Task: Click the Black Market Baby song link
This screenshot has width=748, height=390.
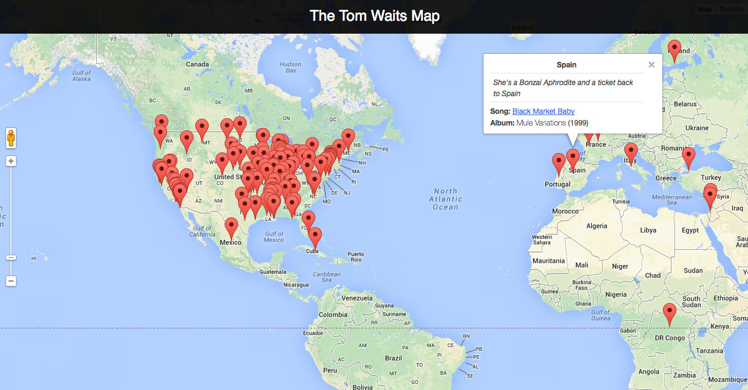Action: [x=543, y=111]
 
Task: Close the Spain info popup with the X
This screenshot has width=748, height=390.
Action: [x=651, y=64]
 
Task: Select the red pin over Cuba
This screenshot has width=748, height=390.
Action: [x=315, y=237]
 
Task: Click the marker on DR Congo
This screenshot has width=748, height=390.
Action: [x=670, y=313]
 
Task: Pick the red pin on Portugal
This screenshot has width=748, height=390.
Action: [x=558, y=163]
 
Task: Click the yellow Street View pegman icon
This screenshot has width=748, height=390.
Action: [x=11, y=138]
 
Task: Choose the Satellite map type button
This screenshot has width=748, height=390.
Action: [x=731, y=9]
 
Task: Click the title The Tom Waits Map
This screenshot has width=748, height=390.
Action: [x=374, y=16]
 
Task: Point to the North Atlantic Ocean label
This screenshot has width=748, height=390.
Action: [x=446, y=199]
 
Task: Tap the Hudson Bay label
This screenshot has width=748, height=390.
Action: [x=290, y=67]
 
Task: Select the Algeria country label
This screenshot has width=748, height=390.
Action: [x=597, y=226]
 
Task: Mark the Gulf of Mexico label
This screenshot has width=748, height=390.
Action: [x=274, y=236]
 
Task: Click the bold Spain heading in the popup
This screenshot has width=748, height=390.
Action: [x=566, y=64]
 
